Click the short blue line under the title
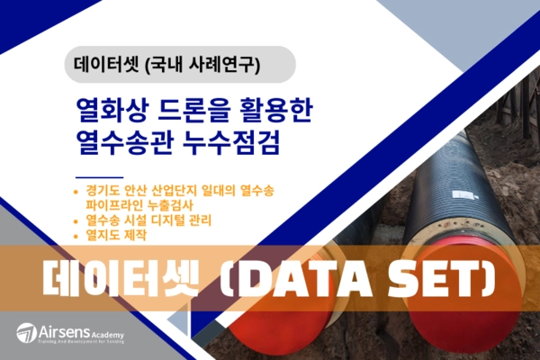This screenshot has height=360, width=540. point(100,176)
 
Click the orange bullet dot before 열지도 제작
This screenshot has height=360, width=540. point(78,236)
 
